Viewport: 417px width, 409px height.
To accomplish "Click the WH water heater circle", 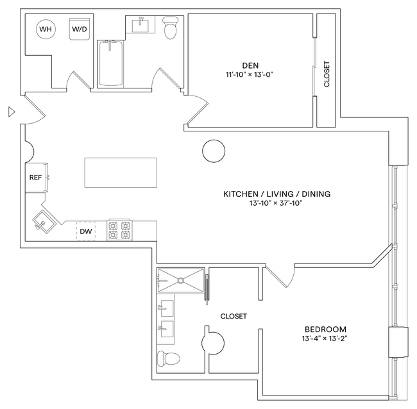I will tap(46, 29).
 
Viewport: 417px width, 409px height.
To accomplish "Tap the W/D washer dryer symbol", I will tap(80, 29).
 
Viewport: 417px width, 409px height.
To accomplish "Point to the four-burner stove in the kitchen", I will tap(119, 230).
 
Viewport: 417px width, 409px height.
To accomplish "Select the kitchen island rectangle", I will tap(121, 173).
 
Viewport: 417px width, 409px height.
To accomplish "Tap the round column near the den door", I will tap(214, 151).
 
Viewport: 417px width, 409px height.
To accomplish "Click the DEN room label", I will tap(250, 65).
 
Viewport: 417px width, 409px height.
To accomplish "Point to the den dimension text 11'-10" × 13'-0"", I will tap(250, 74).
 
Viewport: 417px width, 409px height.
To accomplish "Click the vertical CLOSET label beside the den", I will tap(327, 74).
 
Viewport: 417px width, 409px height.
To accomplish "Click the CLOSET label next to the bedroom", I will tap(234, 316).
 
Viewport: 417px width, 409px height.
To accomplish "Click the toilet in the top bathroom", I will tap(171, 28).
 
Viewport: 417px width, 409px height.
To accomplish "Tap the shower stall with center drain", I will tap(181, 280).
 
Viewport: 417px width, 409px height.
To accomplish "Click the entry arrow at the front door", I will tap(10, 112).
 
